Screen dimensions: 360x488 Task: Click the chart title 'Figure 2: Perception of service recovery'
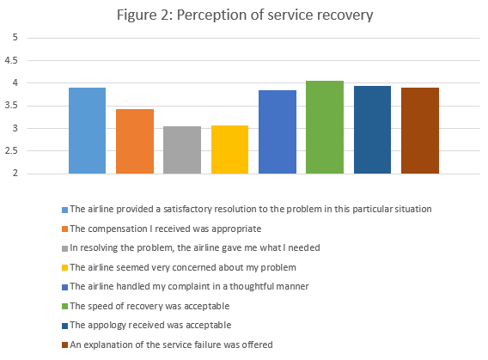pyautogui.click(x=244, y=15)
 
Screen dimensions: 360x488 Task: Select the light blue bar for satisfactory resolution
pyautogui.click(x=87, y=131)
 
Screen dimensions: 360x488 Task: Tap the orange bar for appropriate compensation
pyautogui.click(x=135, y=142)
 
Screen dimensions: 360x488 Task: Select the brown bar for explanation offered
pyautogui.click(x=419, y=131)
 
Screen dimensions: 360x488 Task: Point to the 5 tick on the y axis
pyautogui.click(x=12, y=38)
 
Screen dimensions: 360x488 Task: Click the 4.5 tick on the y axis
pyautogui.click(x=12, y=61)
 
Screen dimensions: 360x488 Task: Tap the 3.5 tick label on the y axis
pyautogui.click(x=12, y=107)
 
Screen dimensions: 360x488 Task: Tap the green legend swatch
pyautogui.click(x=64, y=306)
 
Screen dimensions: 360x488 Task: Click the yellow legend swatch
pyautogui.click(x=64, y=267)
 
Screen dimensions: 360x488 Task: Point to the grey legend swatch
pyautogui.click(x=64, y=248)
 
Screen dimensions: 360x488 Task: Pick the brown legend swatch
pyautogui.click(x=64, y=345)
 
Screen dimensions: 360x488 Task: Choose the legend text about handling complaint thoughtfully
pyautogui.click(x=176, y=287)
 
